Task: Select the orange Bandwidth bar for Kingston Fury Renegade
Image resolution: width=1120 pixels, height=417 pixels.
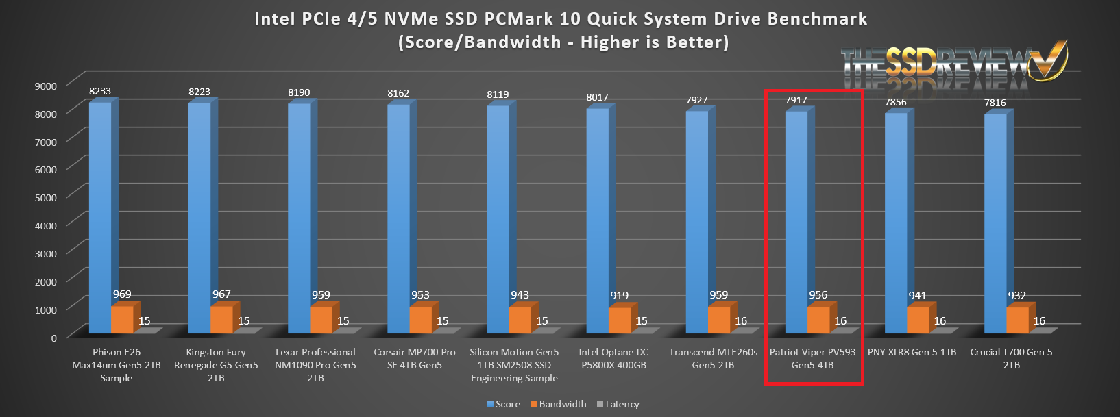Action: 221,320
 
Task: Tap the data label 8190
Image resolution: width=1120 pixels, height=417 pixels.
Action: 299,92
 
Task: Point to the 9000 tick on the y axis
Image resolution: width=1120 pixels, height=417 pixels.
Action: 46,86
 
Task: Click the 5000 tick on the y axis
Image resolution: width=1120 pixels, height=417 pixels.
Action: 46,197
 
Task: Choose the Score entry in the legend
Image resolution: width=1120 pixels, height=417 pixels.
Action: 504,404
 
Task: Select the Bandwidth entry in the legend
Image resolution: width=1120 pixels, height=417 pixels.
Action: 558,404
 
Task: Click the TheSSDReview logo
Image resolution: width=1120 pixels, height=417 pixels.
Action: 953,65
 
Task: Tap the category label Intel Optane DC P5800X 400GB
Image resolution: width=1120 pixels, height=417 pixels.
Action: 613,358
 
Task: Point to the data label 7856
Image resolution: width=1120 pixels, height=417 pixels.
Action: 895,102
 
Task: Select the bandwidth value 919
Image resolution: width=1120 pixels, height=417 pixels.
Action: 619,296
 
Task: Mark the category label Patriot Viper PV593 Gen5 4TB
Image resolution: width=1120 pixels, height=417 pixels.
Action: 812,358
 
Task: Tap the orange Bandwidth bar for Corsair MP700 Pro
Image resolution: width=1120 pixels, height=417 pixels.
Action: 420,320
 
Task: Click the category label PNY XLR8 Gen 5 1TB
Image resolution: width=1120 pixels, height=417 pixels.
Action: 912,352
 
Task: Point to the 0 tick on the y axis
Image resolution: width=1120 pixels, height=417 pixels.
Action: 53,338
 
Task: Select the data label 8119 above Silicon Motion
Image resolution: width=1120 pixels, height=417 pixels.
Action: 498,94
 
